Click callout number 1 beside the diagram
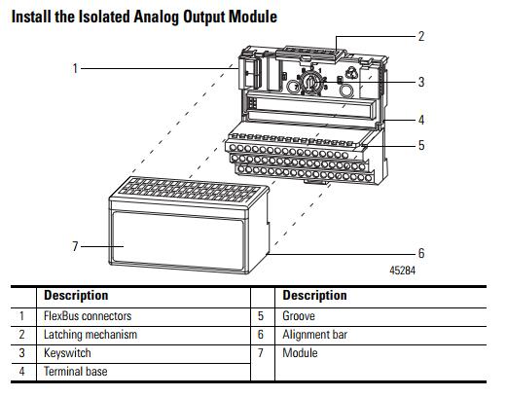[x=75, y=68]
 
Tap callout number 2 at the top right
[x=421, y=36]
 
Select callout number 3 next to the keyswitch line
[x=421, y=82]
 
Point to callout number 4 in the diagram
[x=421, y=120]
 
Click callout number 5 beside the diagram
[x=421, y=145]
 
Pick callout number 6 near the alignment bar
[x=421, y=253]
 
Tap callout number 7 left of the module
[x=75, y=246]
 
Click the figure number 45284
[x=402, y=271]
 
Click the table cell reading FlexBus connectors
[x=88, y=316]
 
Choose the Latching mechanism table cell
[x=91, y=335]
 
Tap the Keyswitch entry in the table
[x=67, y=353]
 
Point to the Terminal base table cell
[x=76, y=372]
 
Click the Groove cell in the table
[x=299, y=316]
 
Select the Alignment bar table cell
[x=315, y=335]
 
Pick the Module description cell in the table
[x=300, y=353]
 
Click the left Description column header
[x=76, y=296]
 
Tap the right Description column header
[x=315, y=296]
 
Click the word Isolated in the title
[x=105, y=17]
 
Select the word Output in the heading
[x=204, y=18]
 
